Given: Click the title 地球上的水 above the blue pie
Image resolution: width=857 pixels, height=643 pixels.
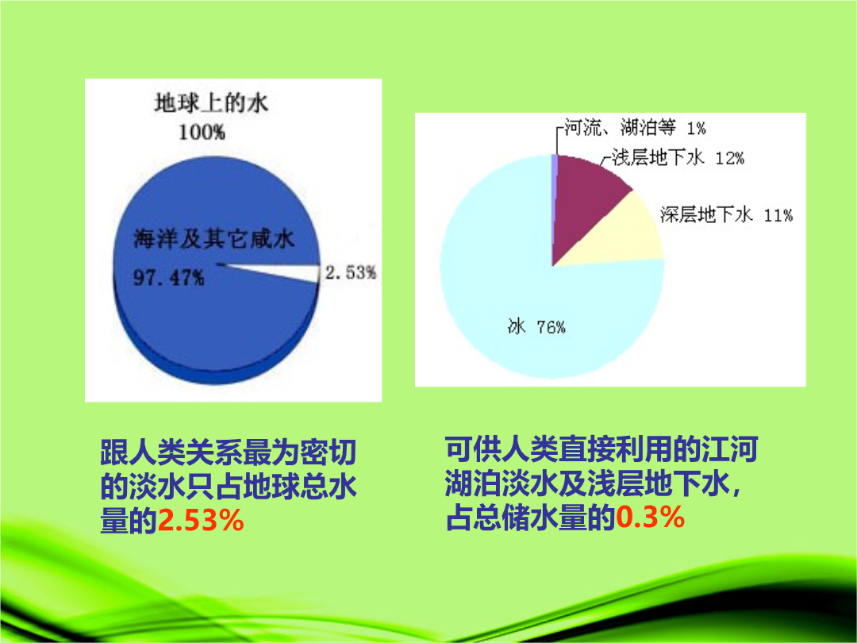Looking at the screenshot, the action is tap(211, 102).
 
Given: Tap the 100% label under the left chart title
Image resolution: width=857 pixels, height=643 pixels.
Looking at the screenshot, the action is tap(202, 133).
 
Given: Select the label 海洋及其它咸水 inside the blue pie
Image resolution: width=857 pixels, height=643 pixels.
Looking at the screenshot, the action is tap(214, 239).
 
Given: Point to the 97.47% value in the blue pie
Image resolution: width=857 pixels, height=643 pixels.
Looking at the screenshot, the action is tap(169, 277).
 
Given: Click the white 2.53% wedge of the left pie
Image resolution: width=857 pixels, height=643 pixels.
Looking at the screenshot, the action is tap(284, 271).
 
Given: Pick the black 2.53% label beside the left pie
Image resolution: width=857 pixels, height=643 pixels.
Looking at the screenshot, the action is tap(351, 272).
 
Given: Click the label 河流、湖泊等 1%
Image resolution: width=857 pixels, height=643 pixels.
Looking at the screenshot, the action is tap(635, 128).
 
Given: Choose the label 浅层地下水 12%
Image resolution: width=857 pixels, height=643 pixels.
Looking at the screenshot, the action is tap(678, 157).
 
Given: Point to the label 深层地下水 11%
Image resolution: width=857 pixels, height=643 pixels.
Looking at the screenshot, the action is tap(726, 214).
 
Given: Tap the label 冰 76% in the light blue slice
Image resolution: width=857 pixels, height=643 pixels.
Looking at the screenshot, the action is tap(536, 326).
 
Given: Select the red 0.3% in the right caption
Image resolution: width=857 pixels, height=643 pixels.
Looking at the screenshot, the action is tap(651, 517).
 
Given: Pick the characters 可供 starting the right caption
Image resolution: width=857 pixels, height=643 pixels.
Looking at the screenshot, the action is tap(473, 449).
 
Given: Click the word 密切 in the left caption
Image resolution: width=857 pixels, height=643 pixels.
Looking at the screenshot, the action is tap(329, 452).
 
